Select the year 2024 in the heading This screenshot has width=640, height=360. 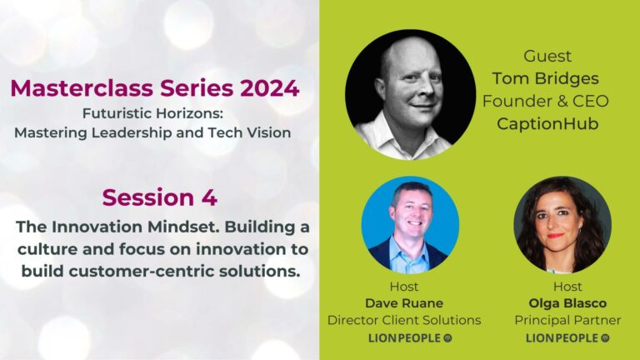point(267,88)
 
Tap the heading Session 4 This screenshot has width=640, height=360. point(159,197)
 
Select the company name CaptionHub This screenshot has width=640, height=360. point(547,123)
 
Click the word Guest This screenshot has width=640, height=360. point(547,57)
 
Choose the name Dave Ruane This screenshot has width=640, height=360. point(403,303)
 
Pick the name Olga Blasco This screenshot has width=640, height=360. point(563,303)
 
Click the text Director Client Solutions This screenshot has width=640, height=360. point(404,320)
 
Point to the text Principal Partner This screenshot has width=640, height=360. point(563,320)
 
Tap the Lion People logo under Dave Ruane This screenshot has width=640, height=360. point(404,338)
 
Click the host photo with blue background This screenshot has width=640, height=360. point(409,225)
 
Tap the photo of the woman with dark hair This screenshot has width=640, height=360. point(562,225)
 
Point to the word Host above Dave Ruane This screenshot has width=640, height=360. point(404,287)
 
